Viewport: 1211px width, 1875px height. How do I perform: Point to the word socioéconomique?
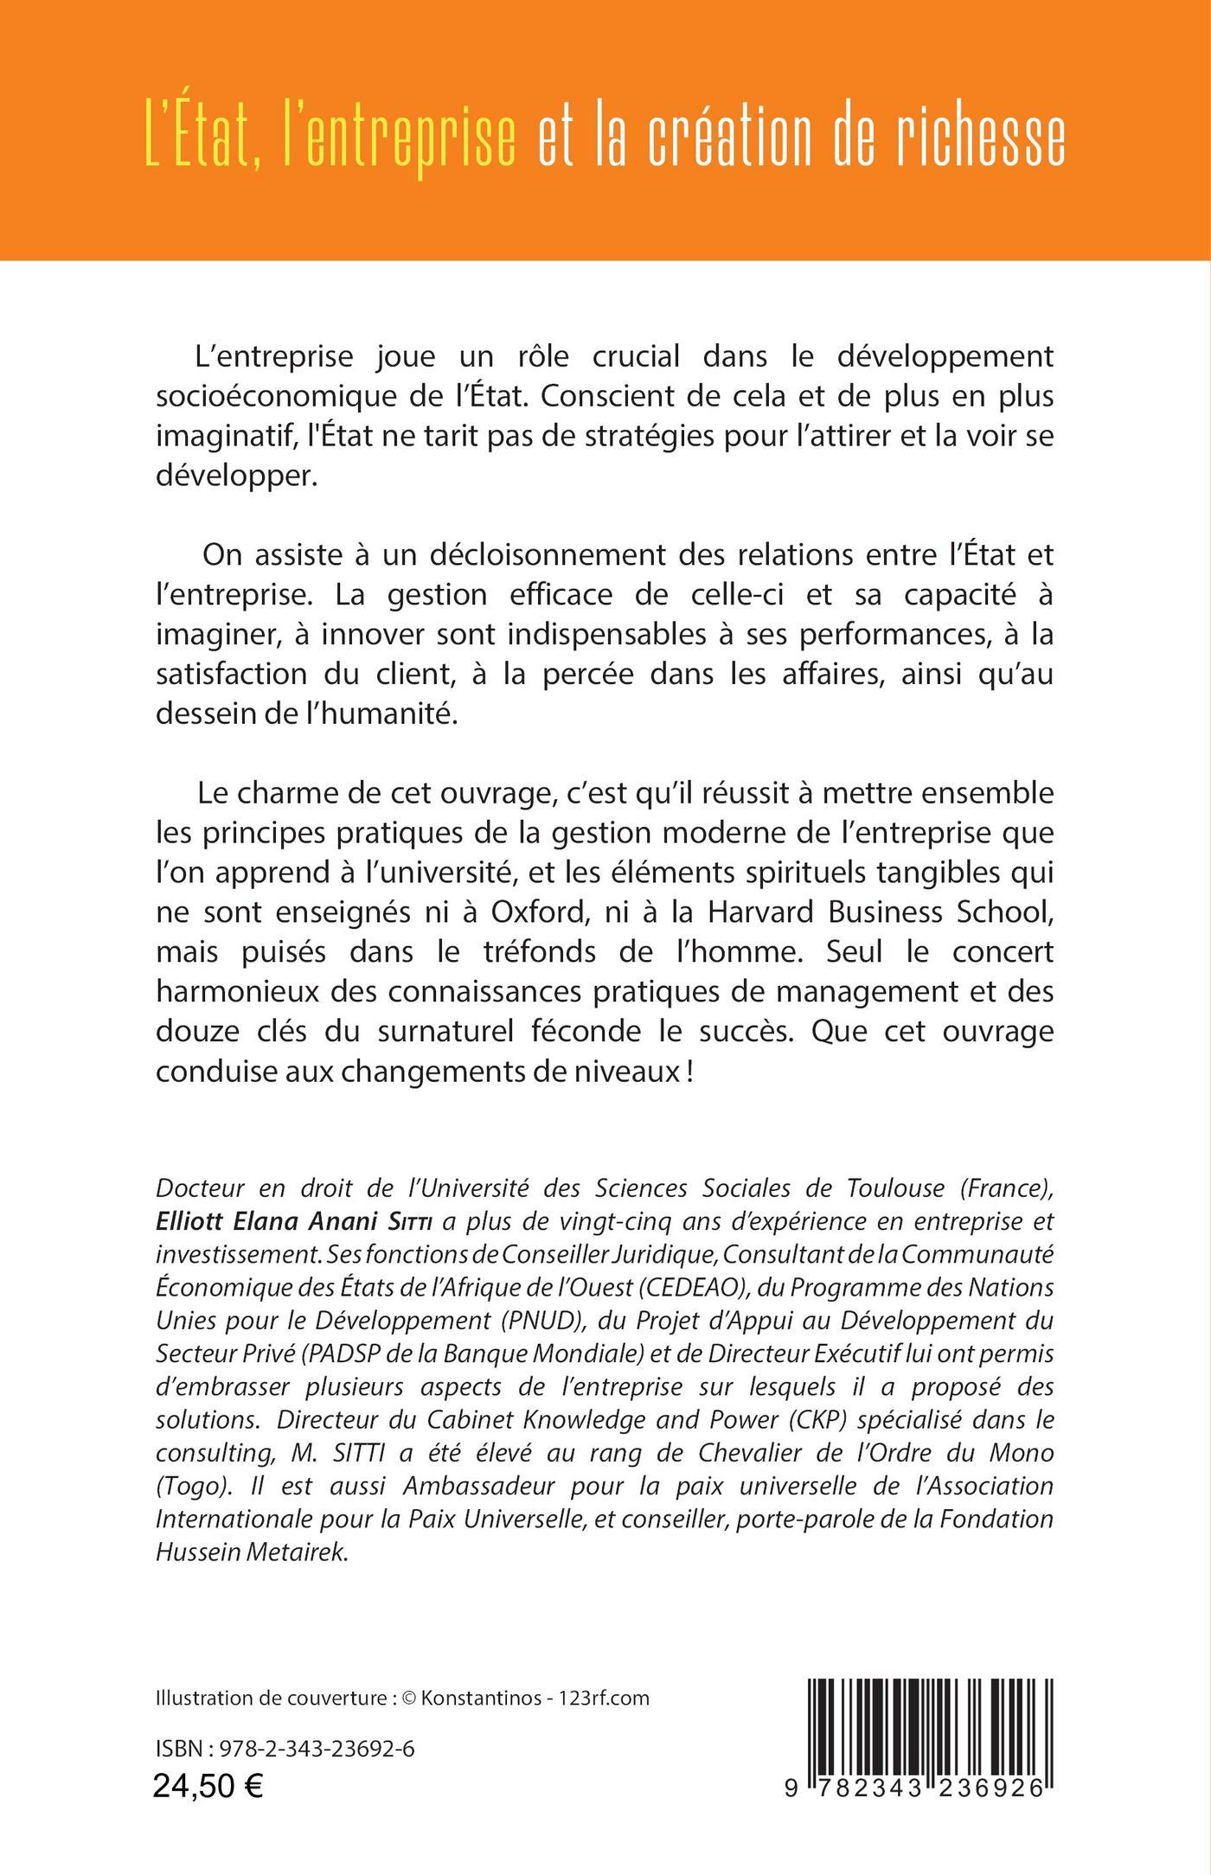[282, 396]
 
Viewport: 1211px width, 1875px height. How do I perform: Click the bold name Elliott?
[189, 1220]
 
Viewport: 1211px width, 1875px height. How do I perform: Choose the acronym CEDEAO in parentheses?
[695, 1287]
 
